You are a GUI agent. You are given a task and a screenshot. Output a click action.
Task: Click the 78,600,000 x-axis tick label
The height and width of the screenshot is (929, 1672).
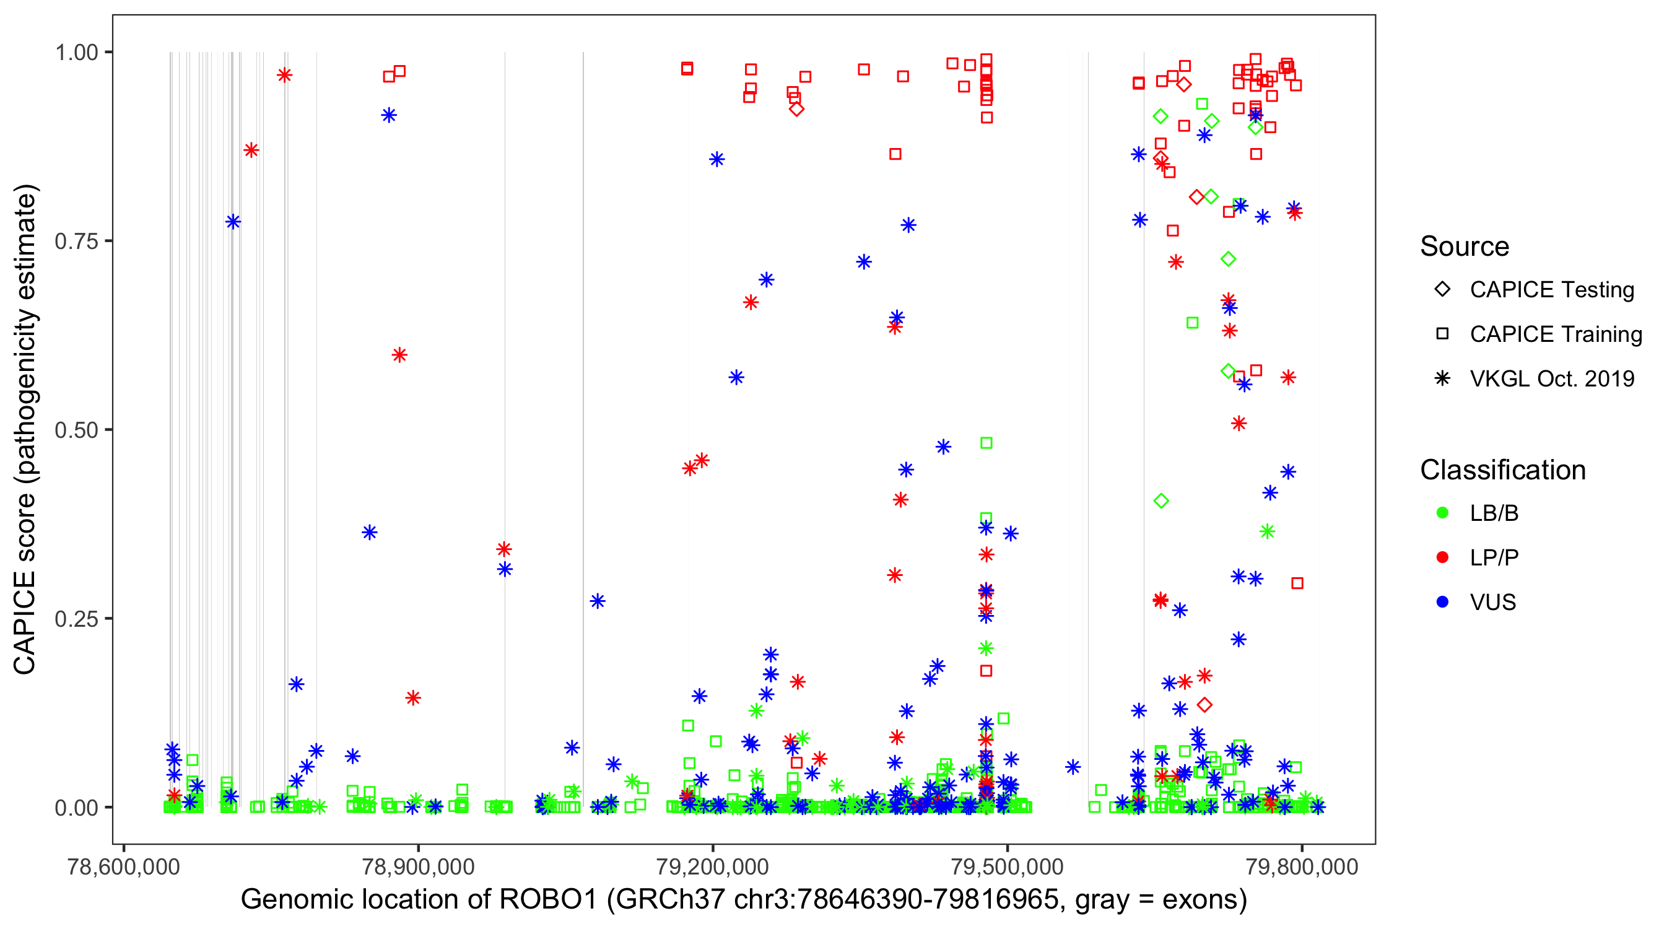tap(123, 866)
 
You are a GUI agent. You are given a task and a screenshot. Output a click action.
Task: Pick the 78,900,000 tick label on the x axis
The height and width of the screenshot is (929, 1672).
tap(418, 866)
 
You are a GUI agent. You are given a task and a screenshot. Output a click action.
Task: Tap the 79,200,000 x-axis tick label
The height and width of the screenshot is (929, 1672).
tap(713, 866)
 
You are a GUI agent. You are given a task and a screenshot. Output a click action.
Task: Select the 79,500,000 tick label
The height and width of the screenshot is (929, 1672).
tap(1008, 866)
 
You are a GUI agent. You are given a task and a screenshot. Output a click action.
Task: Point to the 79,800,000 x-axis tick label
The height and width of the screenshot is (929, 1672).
tap(1302, 866)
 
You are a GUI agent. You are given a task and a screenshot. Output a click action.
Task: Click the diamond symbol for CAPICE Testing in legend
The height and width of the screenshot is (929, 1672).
tap(1442, 290)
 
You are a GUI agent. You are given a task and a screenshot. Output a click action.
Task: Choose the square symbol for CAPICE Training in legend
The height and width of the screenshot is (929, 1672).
tap(1442, 334)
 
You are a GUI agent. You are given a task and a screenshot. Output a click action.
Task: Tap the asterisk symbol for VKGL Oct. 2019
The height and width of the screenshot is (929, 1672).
tap(1442, 378)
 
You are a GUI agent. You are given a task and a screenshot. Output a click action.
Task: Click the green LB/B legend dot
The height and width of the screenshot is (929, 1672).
tap(1442, 513)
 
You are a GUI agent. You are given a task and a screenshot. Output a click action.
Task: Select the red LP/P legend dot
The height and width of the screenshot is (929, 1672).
tap(1442, 557)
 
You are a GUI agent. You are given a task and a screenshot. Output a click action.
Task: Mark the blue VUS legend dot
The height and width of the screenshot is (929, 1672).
tap(1442, 602)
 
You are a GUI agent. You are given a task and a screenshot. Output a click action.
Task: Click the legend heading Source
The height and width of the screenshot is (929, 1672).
tap(1465, 246)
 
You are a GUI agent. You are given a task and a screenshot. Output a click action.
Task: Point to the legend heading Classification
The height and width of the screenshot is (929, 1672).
tap(1502, 470)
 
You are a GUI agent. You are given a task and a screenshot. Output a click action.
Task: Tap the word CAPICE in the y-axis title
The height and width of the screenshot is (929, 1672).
tap(25, 622)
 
